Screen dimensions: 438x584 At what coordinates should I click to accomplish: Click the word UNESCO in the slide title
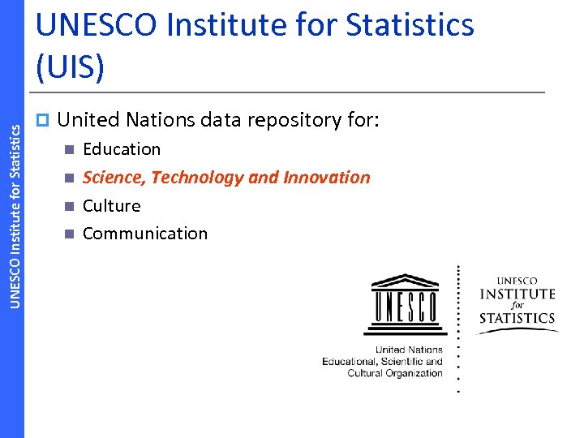(96, 25)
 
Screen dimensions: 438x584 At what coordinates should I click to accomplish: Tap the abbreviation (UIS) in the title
(71, 68)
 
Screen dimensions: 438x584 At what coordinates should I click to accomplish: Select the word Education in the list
(122, 149)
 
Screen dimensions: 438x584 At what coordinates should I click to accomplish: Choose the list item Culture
(111, 205)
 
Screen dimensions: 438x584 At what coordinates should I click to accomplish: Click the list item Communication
(145, 234)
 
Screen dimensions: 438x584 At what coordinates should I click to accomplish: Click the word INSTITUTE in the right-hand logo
(517, 294)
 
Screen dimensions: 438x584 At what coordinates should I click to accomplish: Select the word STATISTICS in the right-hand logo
(517, 317)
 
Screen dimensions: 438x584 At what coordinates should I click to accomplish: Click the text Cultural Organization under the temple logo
(395, 373)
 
